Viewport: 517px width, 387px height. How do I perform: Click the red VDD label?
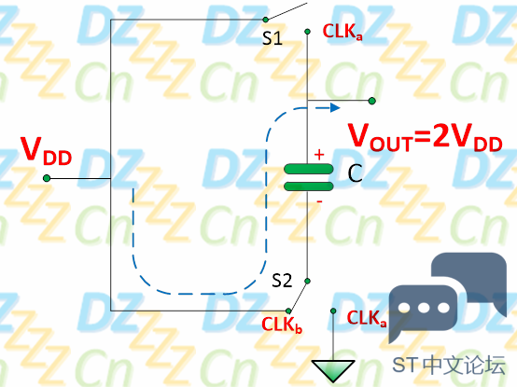coord(46,151)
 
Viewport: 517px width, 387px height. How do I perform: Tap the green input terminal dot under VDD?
coord(47,178)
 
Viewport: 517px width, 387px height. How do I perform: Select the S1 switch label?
coord(272,38)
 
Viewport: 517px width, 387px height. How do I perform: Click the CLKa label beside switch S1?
coord(342,32)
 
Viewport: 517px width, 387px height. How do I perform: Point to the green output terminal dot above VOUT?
coord(372,101)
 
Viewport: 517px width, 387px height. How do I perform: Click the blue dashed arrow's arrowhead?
coord(335,107)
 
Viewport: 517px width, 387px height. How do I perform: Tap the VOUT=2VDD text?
coord(426,137)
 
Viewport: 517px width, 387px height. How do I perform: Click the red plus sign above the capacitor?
coord(319,155)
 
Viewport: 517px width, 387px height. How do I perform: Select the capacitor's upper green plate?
coord(309,169)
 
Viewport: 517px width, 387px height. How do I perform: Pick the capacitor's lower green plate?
coord(309,187)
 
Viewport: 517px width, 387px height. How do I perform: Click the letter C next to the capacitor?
coord(356,173)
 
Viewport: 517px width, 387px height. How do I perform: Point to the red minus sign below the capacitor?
coord(319,201)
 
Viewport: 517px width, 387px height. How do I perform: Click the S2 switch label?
coord(282,281)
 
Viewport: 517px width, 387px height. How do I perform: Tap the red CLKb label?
coord(282,325)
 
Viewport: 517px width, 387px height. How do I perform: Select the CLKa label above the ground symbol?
coord(367,318)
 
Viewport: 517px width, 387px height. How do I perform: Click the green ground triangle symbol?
coord(333,369)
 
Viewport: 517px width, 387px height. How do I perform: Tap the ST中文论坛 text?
coord(449,365)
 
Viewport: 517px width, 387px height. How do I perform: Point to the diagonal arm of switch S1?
coord(286,11)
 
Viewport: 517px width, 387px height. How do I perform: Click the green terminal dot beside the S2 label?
coord(307,281)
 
